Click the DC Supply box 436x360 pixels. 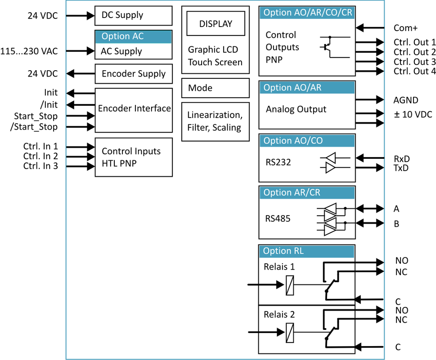(x=134, y=16)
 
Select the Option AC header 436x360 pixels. (x=133, y=36)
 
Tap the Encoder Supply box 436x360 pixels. (x=134, y=74)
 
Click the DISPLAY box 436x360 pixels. (x=216, y=24)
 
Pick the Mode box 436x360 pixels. (x=215, y=88)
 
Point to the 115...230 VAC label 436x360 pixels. (x=29, y=51)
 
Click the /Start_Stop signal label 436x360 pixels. (x=34, y=127)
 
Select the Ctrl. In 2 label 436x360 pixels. (x=40, y=156)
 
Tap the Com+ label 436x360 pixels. (x=405, y=28)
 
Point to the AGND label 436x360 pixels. (x=406, y=100)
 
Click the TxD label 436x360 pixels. (x=401, y=168)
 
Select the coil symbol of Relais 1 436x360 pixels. (x=290, y=285)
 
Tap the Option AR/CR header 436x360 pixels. (x=292, y=193)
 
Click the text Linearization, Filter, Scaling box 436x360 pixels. (x=215, y=121)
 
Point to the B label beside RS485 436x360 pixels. (x=396, y=224)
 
